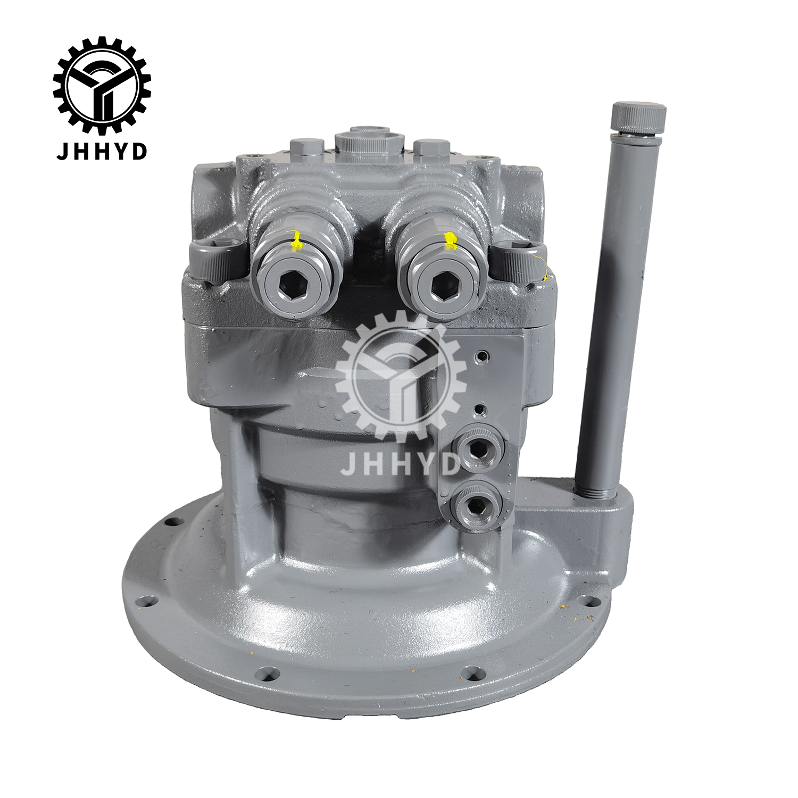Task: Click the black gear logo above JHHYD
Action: (102, 85)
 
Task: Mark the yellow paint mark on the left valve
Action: (296, 240)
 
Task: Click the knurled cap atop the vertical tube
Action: (638, 117)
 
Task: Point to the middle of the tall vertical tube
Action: (617, 309)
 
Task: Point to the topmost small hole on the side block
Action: (482, 355)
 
